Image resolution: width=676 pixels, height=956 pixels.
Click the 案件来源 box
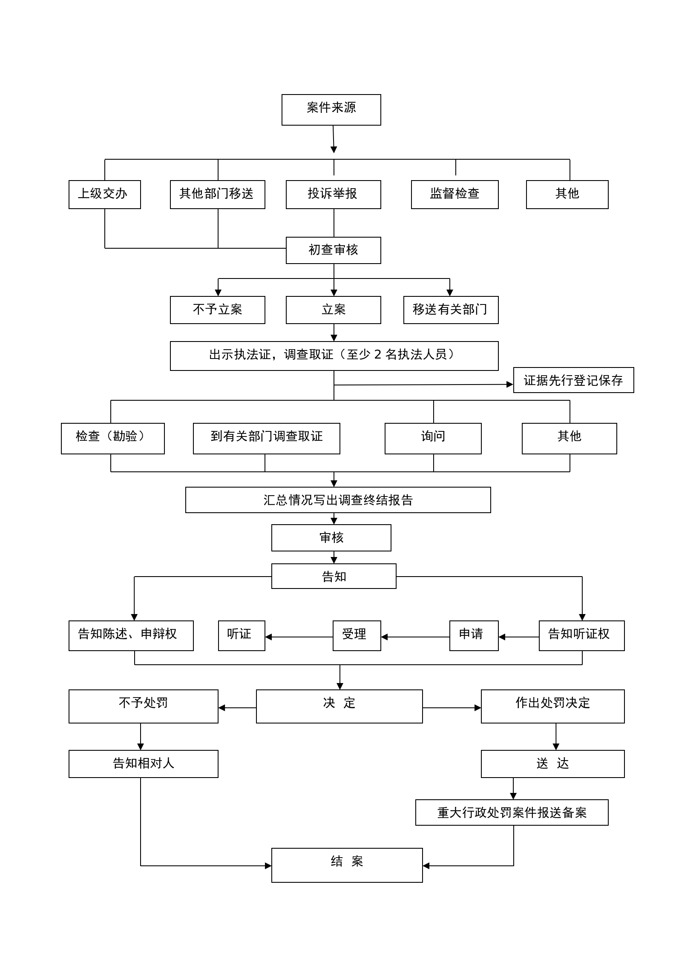(331, 109)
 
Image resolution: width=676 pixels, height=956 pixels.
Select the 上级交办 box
(104, 194)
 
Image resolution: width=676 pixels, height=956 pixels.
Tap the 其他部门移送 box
(217, 194)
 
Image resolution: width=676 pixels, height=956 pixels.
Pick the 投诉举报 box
(333, 194)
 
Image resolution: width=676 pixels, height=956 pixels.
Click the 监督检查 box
(455, 194)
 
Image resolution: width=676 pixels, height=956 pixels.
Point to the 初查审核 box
(333, 250)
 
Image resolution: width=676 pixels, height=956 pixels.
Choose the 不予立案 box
(217, 310)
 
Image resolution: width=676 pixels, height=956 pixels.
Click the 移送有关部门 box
(451, 310)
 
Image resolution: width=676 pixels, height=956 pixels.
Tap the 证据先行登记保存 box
(573, 380)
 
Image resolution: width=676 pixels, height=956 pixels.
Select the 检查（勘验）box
(112, 438)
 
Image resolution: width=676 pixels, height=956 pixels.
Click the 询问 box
(433, 438)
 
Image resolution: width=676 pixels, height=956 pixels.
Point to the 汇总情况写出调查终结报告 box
(338, 500)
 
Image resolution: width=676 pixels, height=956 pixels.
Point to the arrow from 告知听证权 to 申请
(518, 637)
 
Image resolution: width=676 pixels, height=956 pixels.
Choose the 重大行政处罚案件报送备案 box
(512, 812)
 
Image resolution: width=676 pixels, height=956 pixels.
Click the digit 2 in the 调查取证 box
(377, 355)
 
